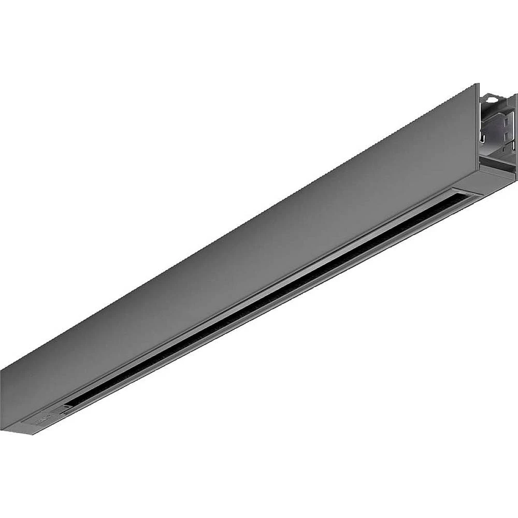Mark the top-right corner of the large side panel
(478, 84)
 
